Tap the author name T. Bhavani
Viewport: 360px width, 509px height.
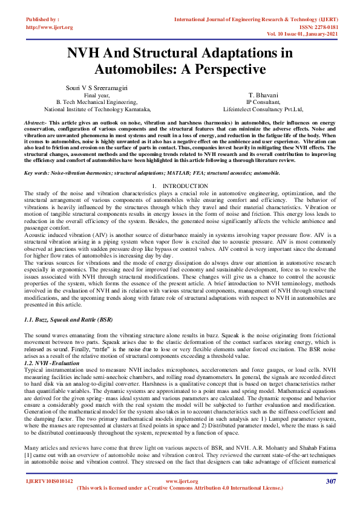(263, 96)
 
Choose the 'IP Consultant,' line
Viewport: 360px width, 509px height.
(263, 103)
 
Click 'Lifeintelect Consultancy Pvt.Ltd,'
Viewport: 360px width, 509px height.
(263, 110)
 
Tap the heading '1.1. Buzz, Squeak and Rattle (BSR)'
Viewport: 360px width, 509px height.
(68, 319)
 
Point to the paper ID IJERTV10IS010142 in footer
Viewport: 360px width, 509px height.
(49, 481)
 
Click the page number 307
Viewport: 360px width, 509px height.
(330, 481)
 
